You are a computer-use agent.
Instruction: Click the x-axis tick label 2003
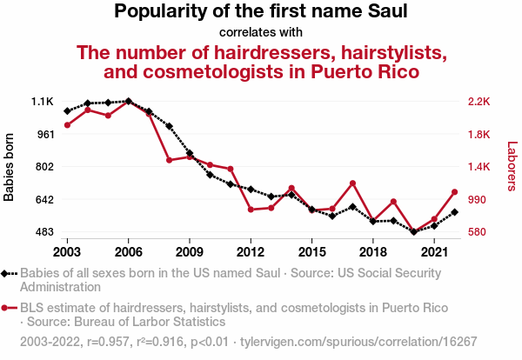[x=67, y=251]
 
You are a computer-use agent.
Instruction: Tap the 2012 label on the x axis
[x=251, y=251]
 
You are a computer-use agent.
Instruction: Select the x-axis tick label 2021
[x=434, y=251]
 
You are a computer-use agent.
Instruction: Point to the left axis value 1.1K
[x=43, y=102]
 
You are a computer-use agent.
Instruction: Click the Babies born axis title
[x=10, y=167]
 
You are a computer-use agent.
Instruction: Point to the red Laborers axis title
[x=512, y=167]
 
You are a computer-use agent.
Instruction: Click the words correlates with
[x=261, y=33]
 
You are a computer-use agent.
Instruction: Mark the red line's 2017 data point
[x=352, y=183]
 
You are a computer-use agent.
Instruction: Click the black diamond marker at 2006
[x=128, y=101]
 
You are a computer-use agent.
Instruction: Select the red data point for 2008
[x=169, y=160]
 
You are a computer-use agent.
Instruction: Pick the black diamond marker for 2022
[x=455, y=212]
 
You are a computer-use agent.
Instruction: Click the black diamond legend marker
[x=7, y=273]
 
